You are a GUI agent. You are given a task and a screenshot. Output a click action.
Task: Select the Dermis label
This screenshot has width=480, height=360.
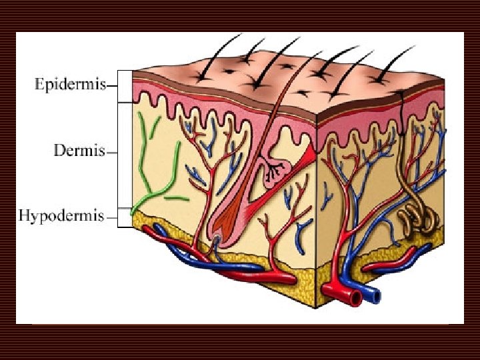[x=79, y=151]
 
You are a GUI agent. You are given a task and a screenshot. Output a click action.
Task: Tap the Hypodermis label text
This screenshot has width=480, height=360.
[x=61, y=216]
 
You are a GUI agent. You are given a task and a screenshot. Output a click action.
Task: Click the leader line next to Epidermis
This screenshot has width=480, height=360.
[x=111, y=86]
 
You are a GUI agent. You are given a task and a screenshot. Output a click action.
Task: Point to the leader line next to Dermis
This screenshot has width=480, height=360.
[x=111, y=152]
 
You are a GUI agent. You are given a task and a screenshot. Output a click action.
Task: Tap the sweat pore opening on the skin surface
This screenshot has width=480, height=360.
[x=401, y=95]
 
